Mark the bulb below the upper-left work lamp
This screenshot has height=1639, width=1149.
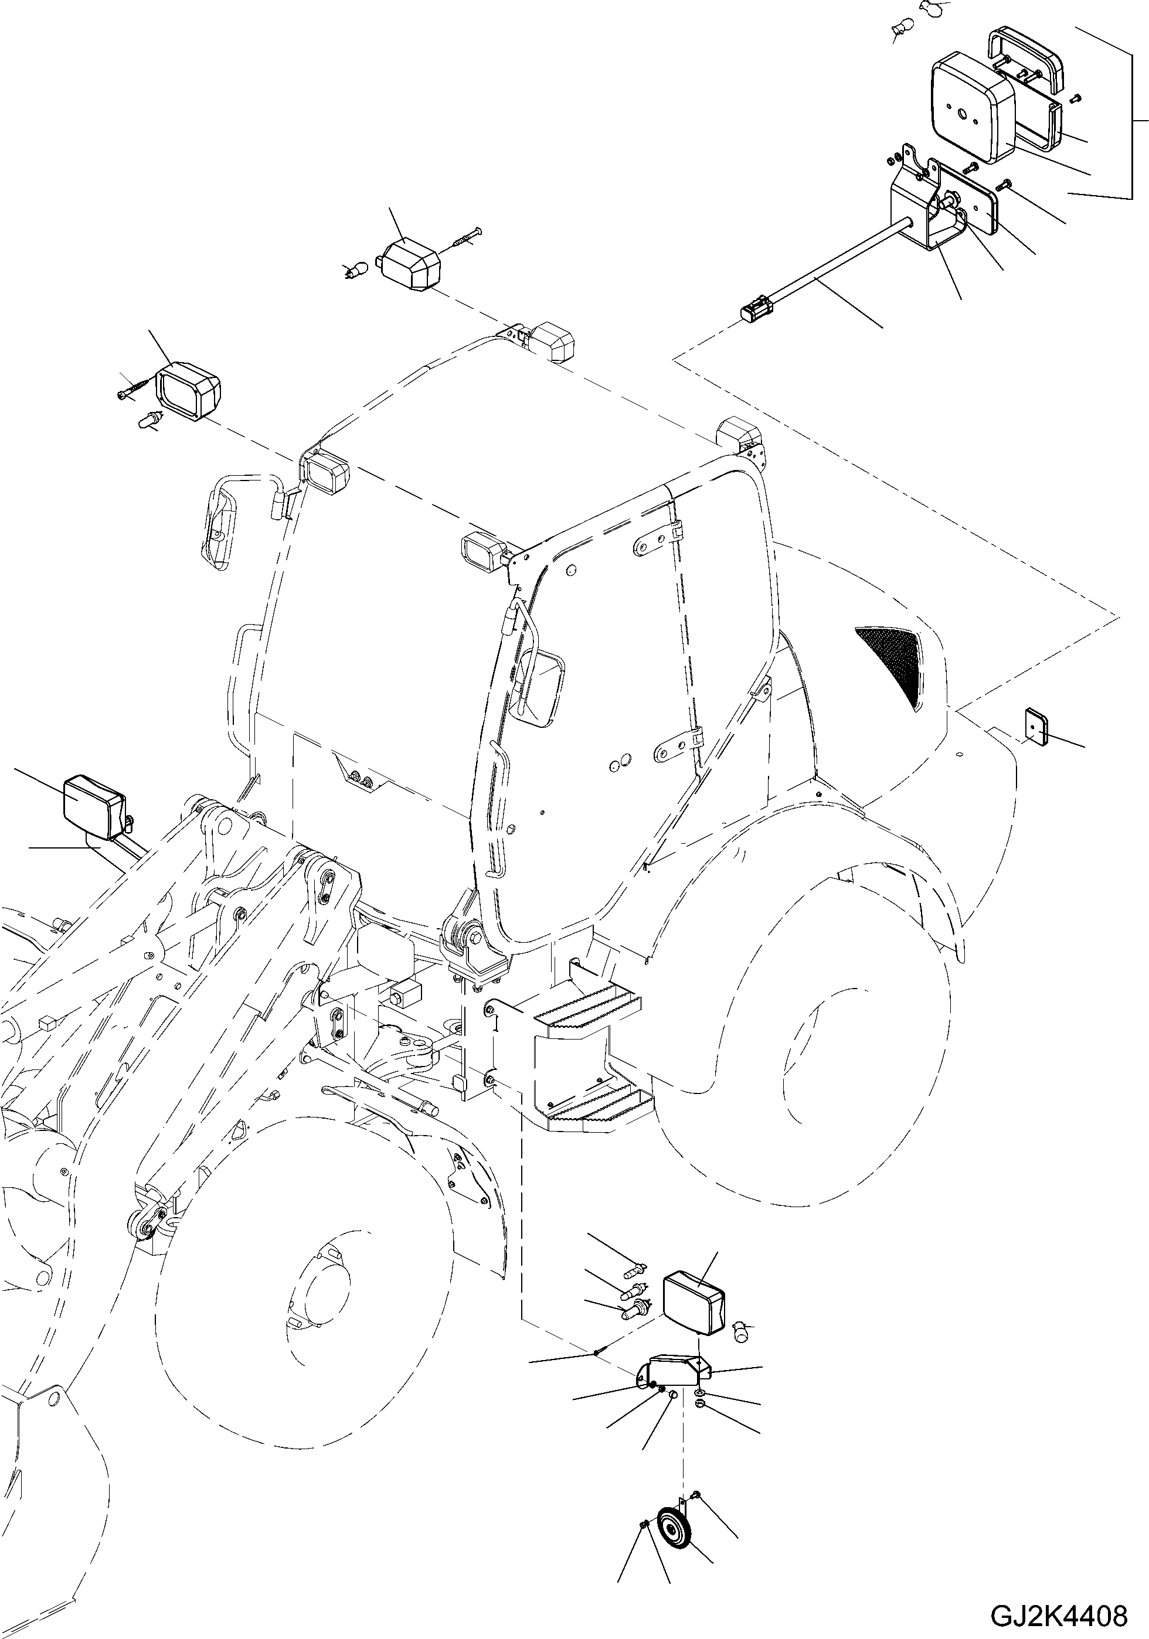click(x=148, y=421)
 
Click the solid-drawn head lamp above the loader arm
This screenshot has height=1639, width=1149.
click(x=94, y=807)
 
